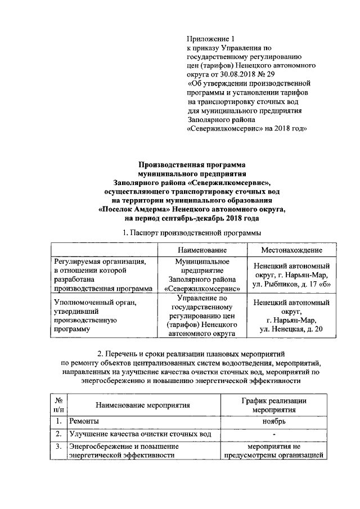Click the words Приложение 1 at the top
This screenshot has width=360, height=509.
coord(209,39)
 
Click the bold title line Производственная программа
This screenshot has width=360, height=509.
coord(192,165)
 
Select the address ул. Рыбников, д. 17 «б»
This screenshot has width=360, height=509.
coord(291,285)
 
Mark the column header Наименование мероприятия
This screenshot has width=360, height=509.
coord(142,404)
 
